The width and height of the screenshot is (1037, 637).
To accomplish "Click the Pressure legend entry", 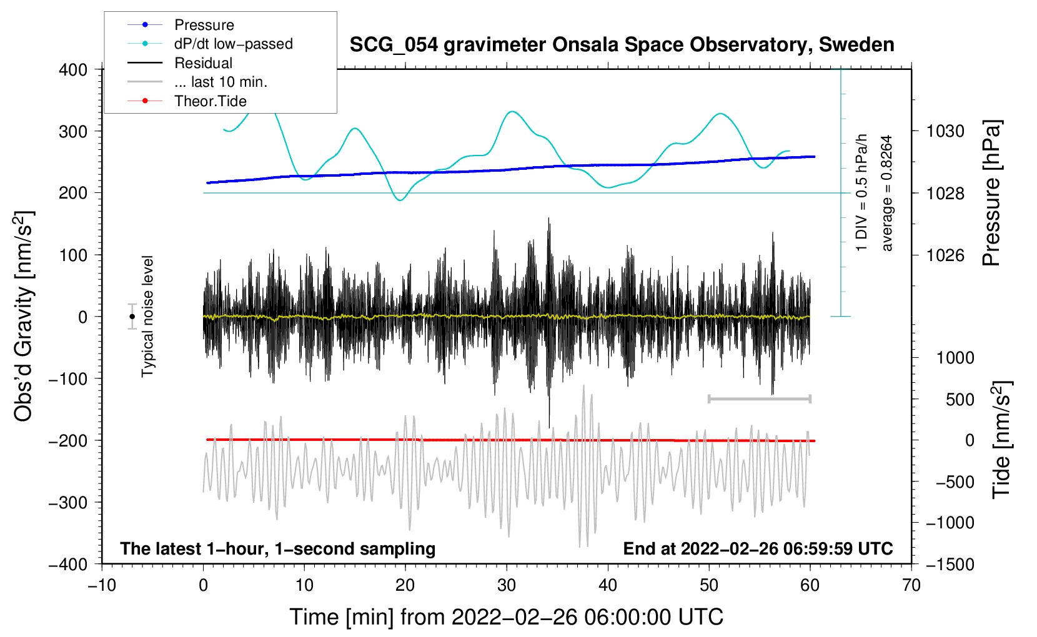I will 204,25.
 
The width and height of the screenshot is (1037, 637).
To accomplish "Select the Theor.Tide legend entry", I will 210,101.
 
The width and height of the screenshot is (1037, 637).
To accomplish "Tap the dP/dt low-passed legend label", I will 233,44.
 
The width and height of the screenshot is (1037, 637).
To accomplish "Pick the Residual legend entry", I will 203,63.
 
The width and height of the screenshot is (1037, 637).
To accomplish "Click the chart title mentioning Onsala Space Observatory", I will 622,45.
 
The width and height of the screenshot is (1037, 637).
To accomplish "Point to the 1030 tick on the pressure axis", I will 945,131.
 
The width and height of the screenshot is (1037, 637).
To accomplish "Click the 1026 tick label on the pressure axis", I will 945,255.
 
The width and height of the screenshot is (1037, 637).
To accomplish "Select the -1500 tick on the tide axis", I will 950,564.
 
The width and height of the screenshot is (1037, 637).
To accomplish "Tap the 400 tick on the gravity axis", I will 73,69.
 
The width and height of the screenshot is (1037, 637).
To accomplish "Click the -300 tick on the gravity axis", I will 69,502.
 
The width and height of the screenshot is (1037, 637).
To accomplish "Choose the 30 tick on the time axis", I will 507,585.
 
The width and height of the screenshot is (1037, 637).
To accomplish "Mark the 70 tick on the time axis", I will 911,585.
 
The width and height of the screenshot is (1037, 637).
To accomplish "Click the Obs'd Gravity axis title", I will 24,317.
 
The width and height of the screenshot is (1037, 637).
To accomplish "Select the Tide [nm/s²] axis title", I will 1001,440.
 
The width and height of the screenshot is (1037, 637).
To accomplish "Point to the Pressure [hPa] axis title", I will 991,194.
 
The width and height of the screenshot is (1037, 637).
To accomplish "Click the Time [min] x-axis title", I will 506,617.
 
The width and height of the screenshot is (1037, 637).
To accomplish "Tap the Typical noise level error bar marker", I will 132,317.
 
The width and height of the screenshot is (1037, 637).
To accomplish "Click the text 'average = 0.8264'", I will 887,194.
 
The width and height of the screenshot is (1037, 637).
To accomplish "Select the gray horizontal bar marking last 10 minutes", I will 759,398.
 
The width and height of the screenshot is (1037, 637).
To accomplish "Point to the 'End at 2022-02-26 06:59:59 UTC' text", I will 758,548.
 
